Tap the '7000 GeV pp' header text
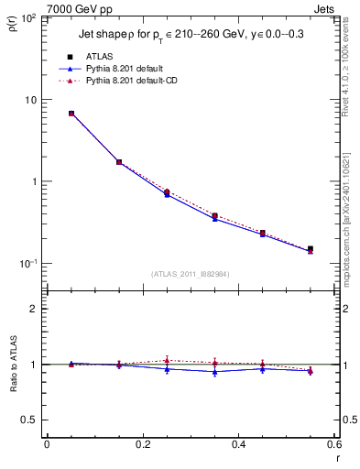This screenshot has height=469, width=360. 48,7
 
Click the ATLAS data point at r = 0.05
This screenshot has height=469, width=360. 71,114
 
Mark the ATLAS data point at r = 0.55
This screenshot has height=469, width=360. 310,248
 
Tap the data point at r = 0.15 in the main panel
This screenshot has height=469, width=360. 119,162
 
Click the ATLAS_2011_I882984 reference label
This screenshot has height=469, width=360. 191,273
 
